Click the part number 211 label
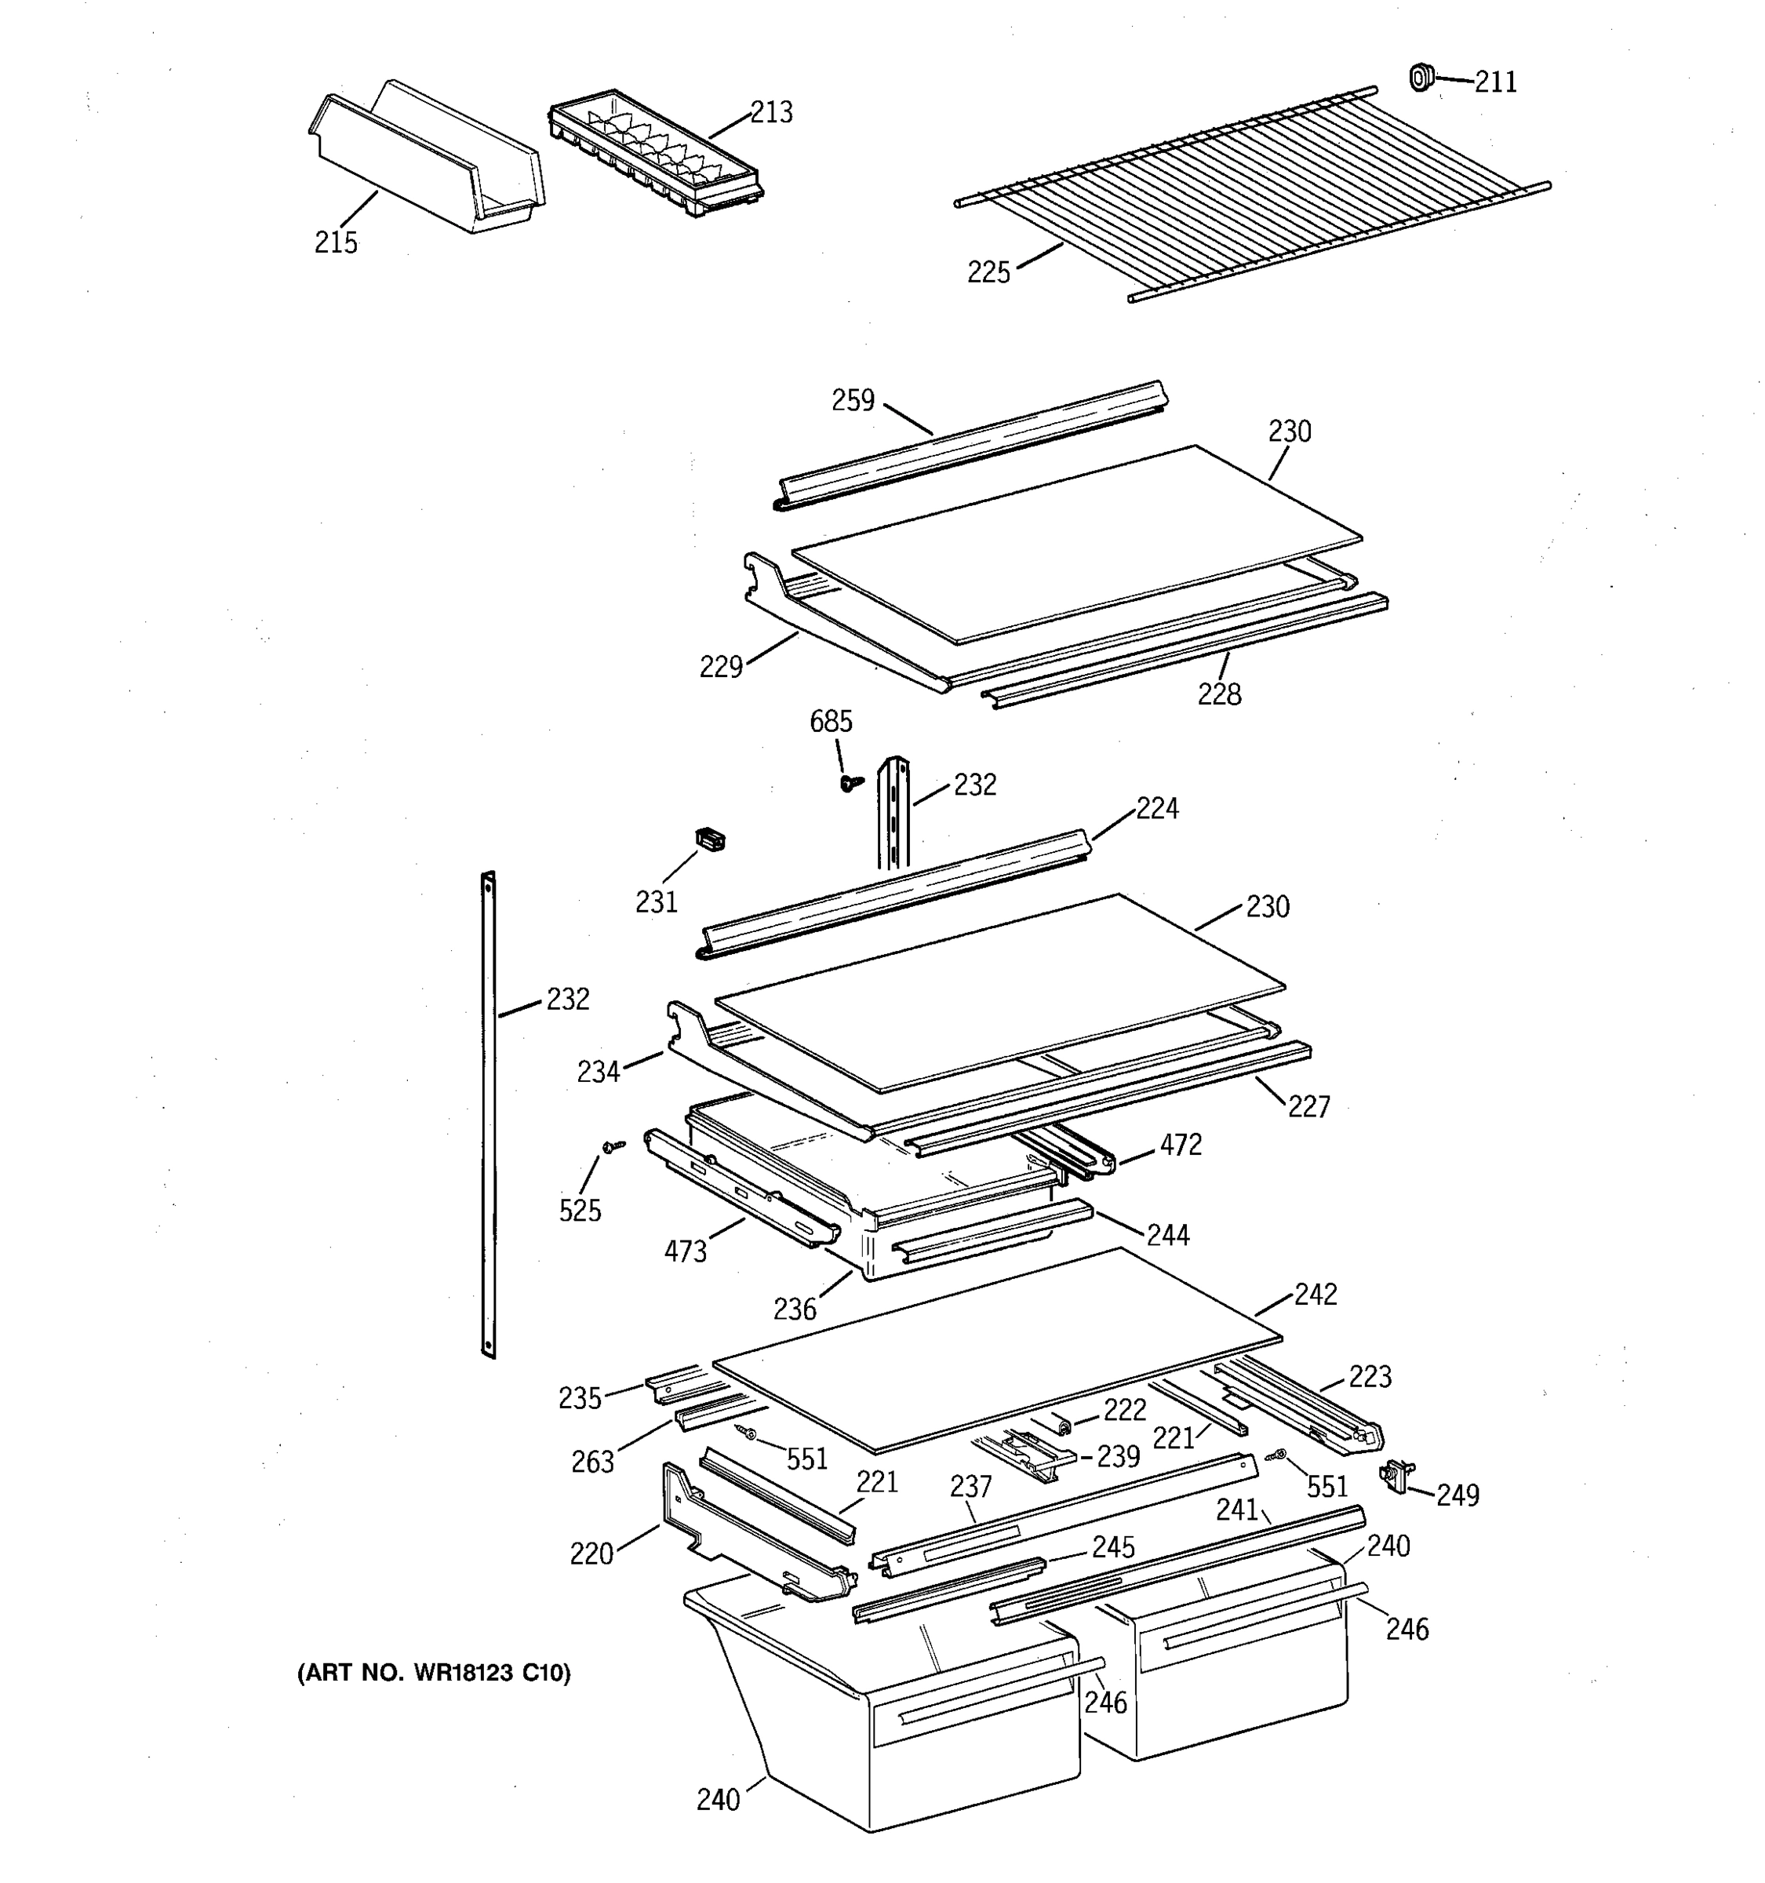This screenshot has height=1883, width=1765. tap(1495, 82)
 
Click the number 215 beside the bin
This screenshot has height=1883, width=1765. tap(337, 242)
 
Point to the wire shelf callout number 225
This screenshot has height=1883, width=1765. tap(988, 273)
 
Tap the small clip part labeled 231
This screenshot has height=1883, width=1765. tap(710, 838)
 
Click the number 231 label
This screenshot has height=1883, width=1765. tap(657, 901)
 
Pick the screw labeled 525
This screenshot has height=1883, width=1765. tap(613, 1147)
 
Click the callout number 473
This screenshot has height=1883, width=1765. tap(685, 1252)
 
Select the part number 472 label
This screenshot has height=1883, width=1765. tap(1181, 1145)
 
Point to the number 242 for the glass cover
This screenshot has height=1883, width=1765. tap(1316, 1295)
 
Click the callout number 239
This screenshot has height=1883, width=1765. tap(1117, 1457)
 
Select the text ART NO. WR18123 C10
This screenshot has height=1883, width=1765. tap(435, 1674)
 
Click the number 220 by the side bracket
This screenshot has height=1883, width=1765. tap(591, 1554)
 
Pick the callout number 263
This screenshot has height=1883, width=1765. tap(593, 1462)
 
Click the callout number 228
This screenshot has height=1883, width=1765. tap(1219, 695)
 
